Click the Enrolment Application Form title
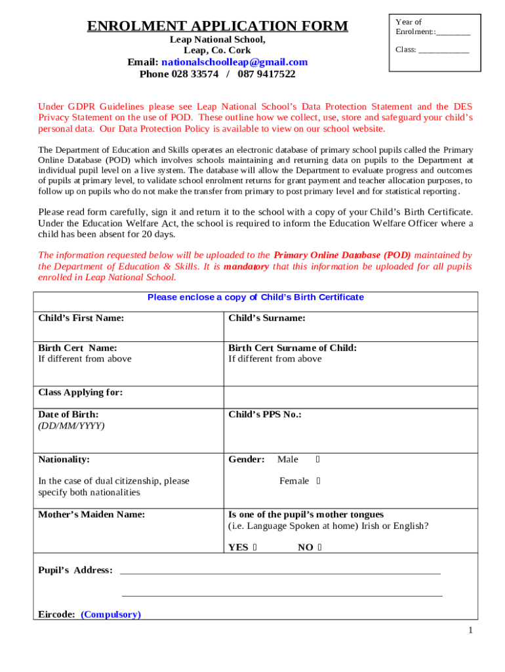coord(218,26)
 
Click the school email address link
coord(234,62)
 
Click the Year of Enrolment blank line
coord(453,32)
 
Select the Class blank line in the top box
coord(443,50)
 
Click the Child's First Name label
coord(81,318)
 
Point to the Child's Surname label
coord(266,318)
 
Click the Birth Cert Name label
coord(77,348)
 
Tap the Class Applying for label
coord(81,392)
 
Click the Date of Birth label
coord(68,415)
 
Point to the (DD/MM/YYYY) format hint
coord(71,425)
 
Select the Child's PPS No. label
coord(264,415)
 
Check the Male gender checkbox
coord(317,459)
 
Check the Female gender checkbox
coord(318,481)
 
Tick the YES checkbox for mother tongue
coord(254,547)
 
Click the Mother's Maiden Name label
coord(91,514)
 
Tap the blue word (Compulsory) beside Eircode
coord(111,615)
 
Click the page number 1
coord(470,631)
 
